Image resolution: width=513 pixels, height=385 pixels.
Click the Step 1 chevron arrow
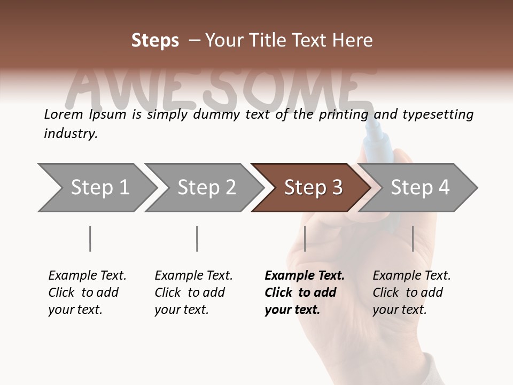coord(96,188)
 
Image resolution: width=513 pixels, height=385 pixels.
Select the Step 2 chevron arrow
coord(203,188)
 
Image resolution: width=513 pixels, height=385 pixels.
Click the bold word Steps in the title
coord(155,40)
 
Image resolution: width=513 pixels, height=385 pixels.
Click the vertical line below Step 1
coord(90,238)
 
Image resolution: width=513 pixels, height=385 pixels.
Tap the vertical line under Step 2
coord(197,238)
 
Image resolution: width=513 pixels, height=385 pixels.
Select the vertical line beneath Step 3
coord(305,238)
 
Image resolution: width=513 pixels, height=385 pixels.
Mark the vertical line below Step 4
coord(413,238)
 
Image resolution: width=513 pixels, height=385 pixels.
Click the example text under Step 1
coord(87,292)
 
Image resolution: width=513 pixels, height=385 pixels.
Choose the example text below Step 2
coord(193,292)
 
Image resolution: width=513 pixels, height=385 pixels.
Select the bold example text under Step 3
coord(304,292)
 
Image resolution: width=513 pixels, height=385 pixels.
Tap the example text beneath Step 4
coord(411,292)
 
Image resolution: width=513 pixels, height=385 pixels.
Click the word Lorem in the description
coord(62,114)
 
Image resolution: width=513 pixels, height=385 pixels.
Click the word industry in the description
coord(69,134)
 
